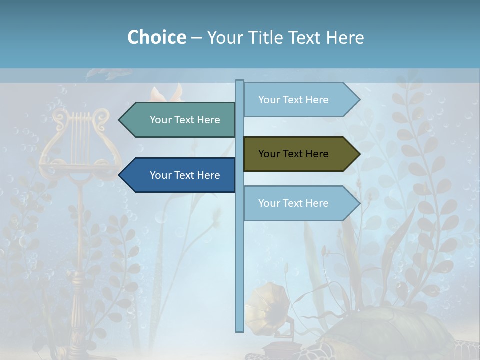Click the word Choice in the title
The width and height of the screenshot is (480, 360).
(156, 37)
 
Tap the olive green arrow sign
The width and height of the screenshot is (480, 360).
(300, 154)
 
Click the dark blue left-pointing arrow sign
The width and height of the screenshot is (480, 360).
(180, 175)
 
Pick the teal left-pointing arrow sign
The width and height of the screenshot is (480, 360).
(180, 120)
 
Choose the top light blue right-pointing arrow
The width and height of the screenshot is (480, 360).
(300, 100)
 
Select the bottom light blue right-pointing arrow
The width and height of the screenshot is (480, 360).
(300, 203)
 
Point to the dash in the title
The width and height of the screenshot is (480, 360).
(196, 38)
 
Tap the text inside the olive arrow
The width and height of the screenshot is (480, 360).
(293, 154)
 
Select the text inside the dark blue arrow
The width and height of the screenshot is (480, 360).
(185, 175)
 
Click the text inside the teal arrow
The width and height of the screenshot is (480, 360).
(185, 120)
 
